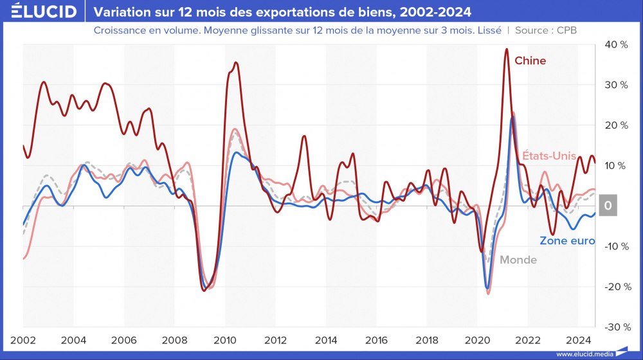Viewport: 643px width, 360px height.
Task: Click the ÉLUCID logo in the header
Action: click(39, 12)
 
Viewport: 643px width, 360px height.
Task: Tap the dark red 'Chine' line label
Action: click(530, 60)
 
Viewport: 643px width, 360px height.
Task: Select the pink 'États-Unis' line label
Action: click(548, 155)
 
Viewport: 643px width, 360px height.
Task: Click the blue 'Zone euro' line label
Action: click(566, 241)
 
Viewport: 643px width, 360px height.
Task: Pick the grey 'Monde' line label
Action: click(518, 260)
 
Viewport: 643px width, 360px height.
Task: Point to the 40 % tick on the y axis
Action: click(615, 44)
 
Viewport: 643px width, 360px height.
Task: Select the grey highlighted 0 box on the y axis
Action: click(608, 206)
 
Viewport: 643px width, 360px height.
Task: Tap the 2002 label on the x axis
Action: click(23, 340)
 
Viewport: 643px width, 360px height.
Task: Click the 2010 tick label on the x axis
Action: click(224, 340)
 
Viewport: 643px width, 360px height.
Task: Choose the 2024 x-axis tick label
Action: click(578, 340)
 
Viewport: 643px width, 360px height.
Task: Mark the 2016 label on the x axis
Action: click(376, 340)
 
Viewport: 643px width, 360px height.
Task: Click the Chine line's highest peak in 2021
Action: click(507, 49)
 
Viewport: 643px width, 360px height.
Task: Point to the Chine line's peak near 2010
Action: click(236, 62)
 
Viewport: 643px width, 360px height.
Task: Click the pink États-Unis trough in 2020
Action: click(488, 294)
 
